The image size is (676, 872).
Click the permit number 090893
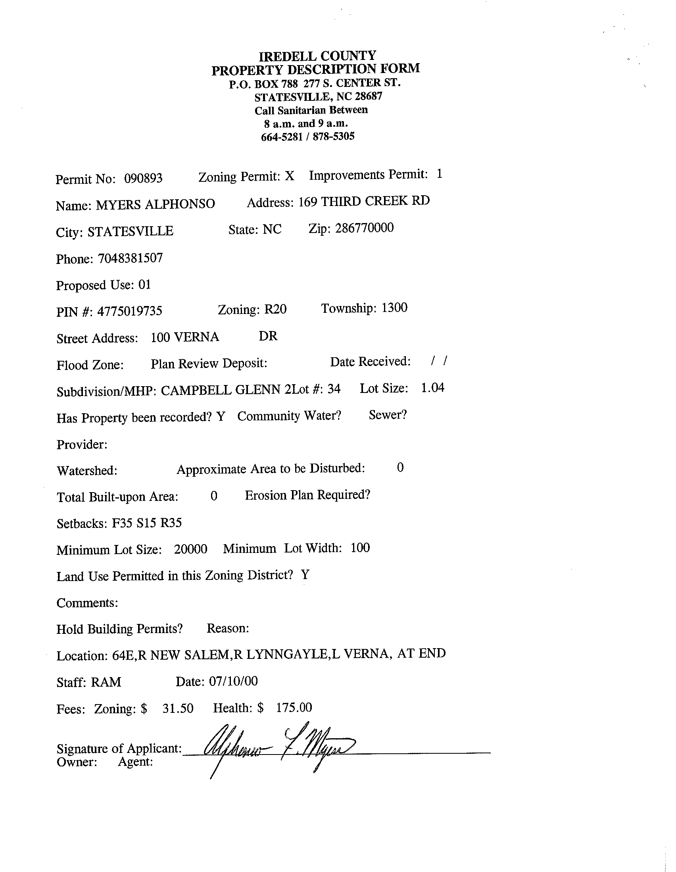pos(143,178)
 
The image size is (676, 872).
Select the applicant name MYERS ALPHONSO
pos(156,204)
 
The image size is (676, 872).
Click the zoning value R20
pos(275,310)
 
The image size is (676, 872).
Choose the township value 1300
pos(395,308)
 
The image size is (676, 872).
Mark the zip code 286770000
pos(364,228)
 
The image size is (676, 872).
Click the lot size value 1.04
pos(432,388)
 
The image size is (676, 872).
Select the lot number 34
pos(334,389)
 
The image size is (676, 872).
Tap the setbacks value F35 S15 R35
pos(147,523)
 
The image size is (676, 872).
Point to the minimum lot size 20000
pos(191,549)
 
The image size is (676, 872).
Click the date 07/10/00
pos(233,681)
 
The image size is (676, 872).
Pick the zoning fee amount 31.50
pos(178,708)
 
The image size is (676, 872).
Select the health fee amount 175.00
pos(294,708)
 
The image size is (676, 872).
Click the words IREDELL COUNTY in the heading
pos(317,56)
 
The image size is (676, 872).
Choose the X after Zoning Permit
pos(290,177)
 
